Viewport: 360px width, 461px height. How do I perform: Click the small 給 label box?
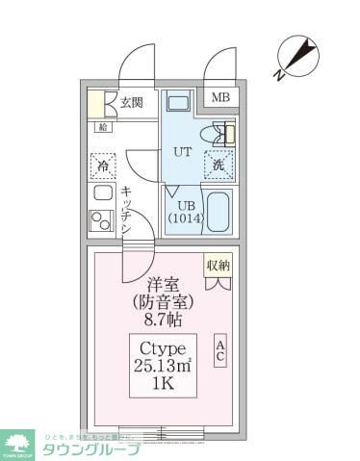(103, 126)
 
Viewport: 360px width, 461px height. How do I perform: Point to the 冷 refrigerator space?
(103, 166)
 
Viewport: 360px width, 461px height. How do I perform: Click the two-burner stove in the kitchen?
(102, 220)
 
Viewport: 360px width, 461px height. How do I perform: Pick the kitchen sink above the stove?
(101, 192)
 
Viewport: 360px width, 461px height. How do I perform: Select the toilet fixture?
(220, 134)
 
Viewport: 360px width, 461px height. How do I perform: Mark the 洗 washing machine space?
(219, 166)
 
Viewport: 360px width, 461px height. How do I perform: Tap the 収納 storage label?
(219, 264)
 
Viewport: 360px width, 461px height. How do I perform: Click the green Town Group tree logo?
(18, 444)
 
